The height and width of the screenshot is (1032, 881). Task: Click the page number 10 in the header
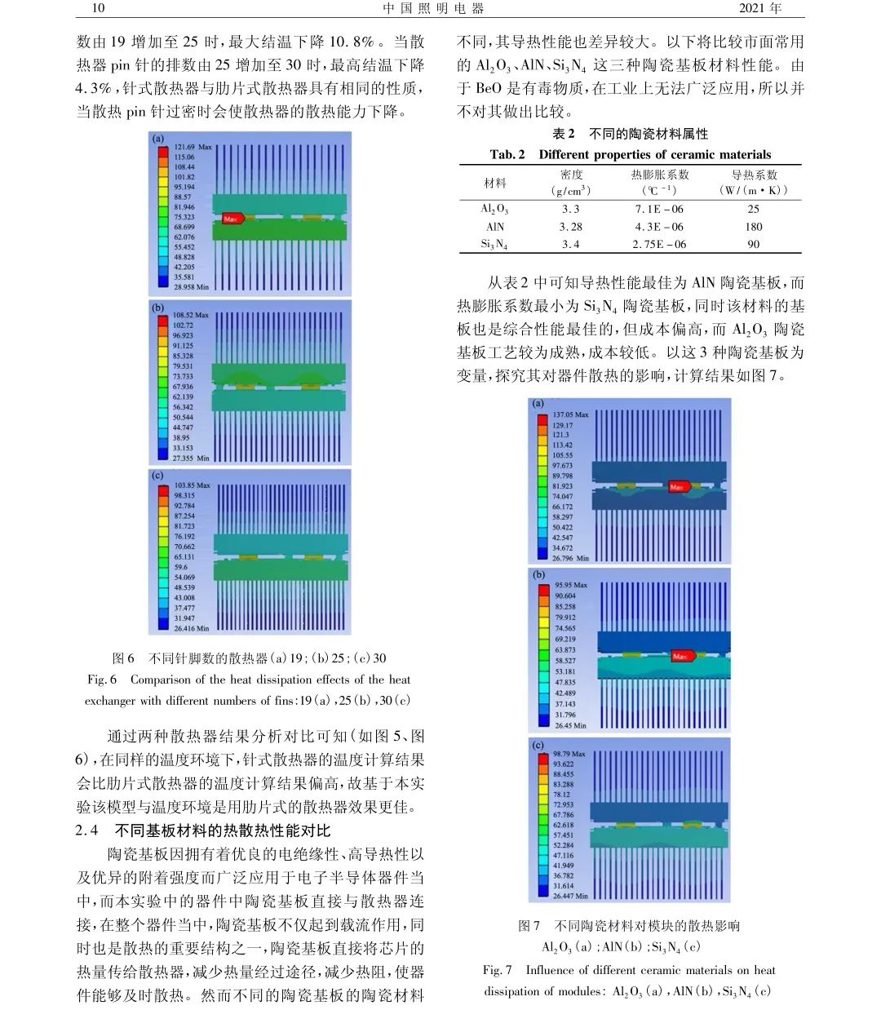[98, 9]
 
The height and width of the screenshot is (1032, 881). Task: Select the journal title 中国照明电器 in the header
[433, 9]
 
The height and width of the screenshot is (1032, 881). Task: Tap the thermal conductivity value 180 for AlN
[753, 227]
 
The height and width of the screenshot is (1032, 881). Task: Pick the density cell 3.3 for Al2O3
[570, 209]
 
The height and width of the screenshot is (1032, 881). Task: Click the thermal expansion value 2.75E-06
[659, 244]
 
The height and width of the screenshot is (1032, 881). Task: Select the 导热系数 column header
[753, 175]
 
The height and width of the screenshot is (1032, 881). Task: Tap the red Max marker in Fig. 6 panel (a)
[233, 219]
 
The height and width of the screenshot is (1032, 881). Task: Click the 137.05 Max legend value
[571, 415]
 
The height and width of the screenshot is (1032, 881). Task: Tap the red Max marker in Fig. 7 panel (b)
[681, 656]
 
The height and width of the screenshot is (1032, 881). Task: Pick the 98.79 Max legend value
[569, 754]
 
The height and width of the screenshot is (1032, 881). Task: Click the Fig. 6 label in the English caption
[102, 680]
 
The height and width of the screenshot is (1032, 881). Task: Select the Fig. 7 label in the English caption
[497, 970]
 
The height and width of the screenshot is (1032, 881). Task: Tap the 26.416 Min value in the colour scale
[191, 628]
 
